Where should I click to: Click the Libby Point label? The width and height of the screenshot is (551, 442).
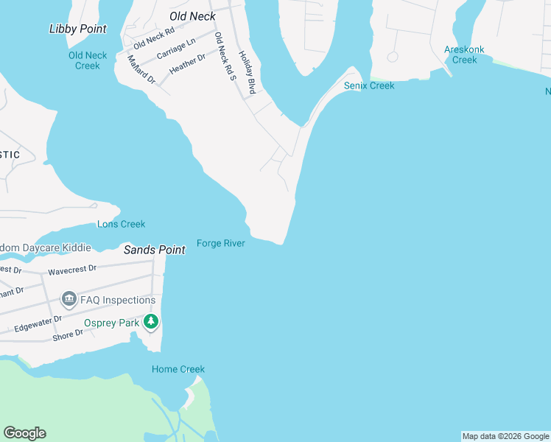point(77,29)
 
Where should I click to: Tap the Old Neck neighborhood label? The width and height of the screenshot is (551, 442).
point(192,16)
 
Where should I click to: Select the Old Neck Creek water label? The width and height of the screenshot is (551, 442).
point(88,60)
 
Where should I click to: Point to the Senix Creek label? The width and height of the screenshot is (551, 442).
point(369,86)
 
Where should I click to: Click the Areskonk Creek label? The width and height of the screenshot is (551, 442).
point(464,55)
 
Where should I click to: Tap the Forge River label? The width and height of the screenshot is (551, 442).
point(220,243)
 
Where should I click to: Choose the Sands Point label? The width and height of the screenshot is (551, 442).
point(154,250)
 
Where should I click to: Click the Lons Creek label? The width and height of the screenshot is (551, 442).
point(121,224)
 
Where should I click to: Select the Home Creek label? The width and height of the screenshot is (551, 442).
point(178,369)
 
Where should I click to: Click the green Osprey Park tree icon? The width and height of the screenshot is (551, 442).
point(151,321)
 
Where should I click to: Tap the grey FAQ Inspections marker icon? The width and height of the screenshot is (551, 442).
point(69,299)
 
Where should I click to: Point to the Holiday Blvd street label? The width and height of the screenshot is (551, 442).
point(247,71)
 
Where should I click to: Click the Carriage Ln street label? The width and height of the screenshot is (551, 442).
point(176,49)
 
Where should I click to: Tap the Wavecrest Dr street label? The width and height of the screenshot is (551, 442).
point(72,270)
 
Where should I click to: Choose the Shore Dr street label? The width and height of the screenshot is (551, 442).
point(68,336)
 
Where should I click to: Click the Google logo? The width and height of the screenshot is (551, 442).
point(24,433)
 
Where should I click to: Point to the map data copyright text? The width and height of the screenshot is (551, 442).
point(505,436)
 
